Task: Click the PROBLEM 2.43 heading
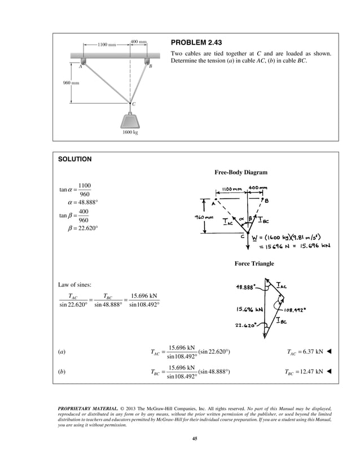[198, 43]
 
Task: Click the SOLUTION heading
[75, 159]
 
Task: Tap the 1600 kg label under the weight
[130, 133]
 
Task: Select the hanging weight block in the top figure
[130, 121]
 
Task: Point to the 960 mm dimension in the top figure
[70, 82]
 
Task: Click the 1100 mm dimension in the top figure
[107, 44]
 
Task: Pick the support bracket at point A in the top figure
[83, 60]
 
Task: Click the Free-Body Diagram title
[240, 172]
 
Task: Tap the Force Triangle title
[254, 263]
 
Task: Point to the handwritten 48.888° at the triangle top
[247, 287]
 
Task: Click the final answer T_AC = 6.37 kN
[304, 353]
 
